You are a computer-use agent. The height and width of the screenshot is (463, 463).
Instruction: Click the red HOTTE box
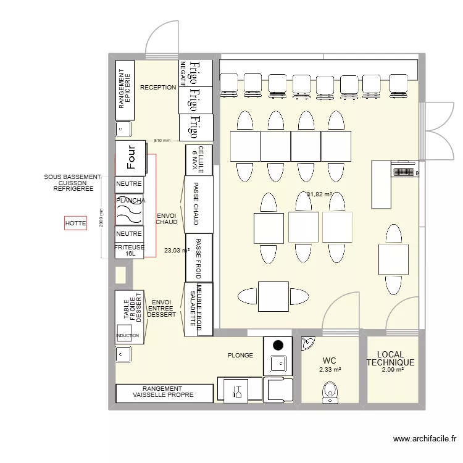pos(75,222)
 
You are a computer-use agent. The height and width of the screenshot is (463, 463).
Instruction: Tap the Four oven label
pos(130,157)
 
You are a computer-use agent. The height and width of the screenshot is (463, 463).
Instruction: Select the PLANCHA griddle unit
pos(130,211)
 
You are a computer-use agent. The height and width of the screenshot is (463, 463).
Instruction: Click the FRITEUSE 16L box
pos(130,250)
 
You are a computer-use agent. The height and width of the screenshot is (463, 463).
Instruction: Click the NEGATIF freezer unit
pos(183,73)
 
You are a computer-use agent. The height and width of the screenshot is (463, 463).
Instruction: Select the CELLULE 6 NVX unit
pos(199,160)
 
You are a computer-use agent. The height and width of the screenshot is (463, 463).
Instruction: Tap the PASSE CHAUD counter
pos(199,204)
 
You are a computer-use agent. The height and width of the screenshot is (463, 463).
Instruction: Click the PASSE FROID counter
pos(199,257)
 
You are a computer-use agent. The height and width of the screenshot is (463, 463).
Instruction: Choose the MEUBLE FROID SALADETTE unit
pos(199,309)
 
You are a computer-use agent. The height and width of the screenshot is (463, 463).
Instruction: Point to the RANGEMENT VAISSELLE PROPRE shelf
pos(163,392)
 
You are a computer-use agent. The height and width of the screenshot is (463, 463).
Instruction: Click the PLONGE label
pos(240,356)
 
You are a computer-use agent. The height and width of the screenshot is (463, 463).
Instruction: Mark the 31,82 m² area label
pos(319,194)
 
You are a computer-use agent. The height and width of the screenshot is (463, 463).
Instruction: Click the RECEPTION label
pos(158,88)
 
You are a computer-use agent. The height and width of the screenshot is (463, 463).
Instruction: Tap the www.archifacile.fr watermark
pos(425,440)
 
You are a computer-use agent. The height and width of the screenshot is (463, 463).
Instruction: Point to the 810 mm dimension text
pos(162,141)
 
